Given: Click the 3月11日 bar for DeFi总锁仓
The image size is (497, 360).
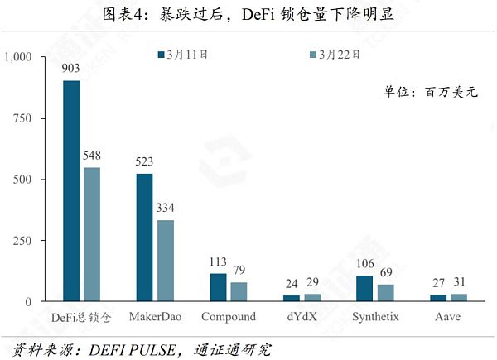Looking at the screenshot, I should click(72, 190).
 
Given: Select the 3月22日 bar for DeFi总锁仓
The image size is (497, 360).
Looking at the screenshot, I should click(91, 234).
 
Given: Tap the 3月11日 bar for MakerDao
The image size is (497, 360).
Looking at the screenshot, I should click(145, 238).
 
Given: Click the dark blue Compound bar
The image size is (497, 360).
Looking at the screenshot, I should click(219, 287).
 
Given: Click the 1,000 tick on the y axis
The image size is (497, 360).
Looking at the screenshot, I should click(17, 57).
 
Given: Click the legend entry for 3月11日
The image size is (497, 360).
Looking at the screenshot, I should click(183, 55).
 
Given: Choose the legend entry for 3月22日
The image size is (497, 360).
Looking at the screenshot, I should click(335, 55).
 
